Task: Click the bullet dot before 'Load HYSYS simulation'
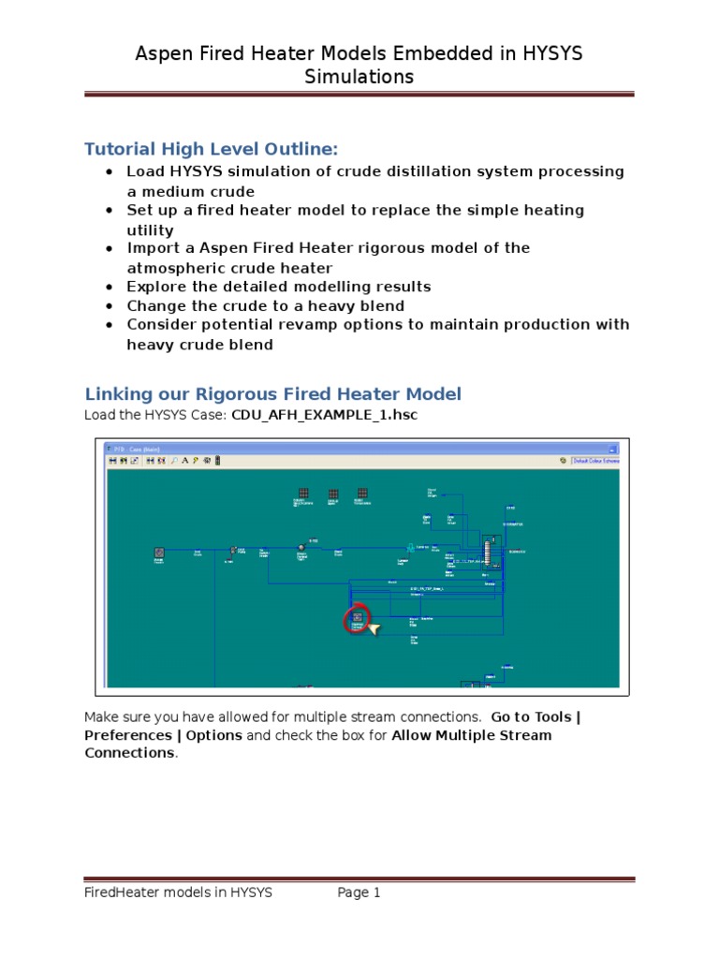coord(110,172)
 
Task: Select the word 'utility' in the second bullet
coord(150,229)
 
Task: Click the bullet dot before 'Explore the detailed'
coord(110,287)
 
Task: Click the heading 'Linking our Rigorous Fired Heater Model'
coord(272,393)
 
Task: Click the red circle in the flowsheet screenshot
coord(357,619)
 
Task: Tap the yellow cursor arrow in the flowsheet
coord(374,629)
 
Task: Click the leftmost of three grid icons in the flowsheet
coord(303,494)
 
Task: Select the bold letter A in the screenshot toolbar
coord(185,461)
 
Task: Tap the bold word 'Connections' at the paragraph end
coord(128,753)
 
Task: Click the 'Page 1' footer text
coord(359,893)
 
